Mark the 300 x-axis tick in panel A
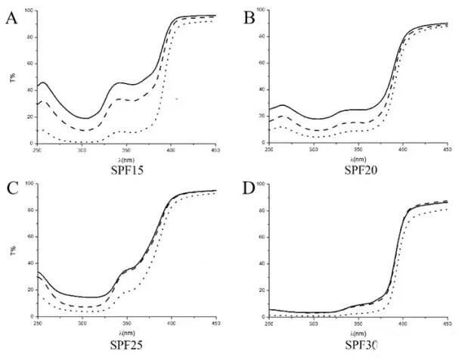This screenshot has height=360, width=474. pyautogui.click(x=82, y=149)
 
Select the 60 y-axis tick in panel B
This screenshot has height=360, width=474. pyautogui.click(x=262, y=64)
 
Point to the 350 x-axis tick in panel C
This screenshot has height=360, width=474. pyautogui.click(x=126, y=322)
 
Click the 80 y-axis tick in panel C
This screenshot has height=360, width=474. pyautogui.click(x=28, y=210)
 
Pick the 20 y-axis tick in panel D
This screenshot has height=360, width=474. pyautogui.click(x=262, y=290)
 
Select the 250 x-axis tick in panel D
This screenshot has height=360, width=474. pyautogui.click(x=270, y=323)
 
